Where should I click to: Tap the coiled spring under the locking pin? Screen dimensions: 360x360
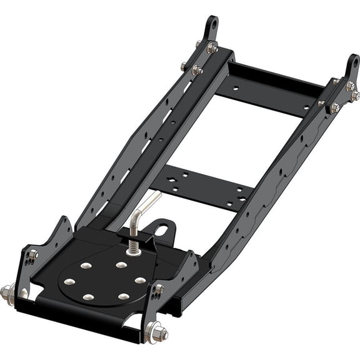click(x=133, y=247)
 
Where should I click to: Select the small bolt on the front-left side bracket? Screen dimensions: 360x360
click(x=32, y=254)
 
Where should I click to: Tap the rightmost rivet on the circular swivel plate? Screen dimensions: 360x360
click(x=140, y=281)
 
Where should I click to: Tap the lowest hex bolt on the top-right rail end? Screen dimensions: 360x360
click(x=335, y=107)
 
